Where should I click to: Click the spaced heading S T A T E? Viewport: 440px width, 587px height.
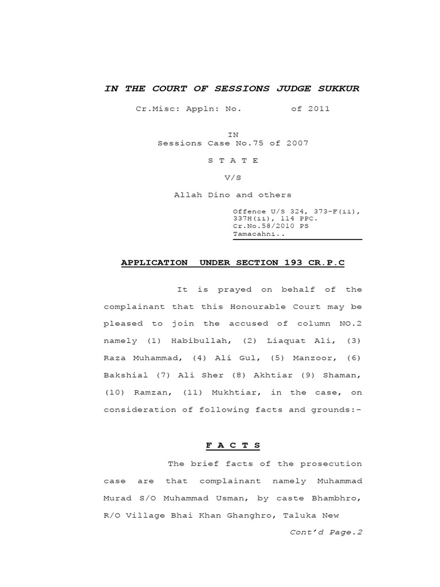[x=233, y=161]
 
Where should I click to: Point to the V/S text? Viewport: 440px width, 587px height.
[x=233, y=178]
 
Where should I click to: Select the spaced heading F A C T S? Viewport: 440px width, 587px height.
[x=233, y=445]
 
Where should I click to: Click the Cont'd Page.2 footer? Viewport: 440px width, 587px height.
[x=326, y=531]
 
